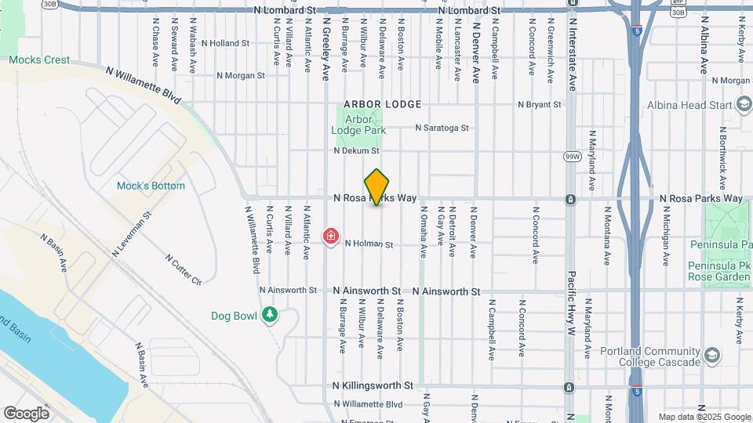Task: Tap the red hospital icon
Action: [331, 236]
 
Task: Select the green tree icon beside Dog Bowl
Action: [270, 314]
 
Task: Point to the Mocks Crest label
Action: [39, 60]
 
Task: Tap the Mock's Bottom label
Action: [151, 186]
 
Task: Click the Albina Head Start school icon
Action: [743, 105]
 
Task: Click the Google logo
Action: [26, 413]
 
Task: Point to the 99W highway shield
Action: [572, 157]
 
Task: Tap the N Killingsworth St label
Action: [373, 385]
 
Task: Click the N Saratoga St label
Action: [442, 127]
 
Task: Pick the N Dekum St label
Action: [356, 150]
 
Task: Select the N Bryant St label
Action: [540, 104]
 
